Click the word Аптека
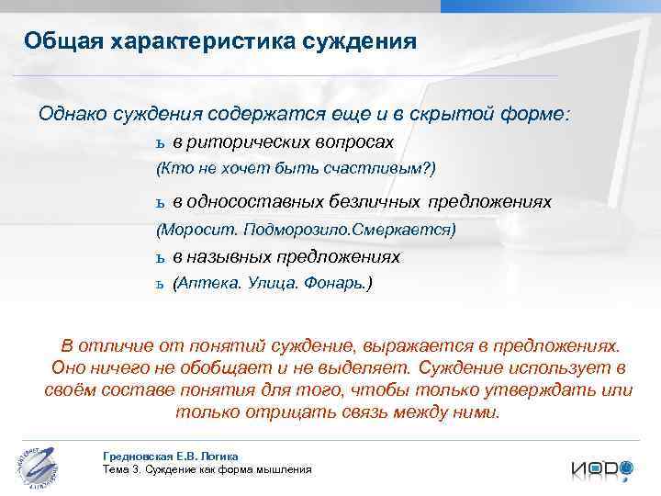click(207, 284)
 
